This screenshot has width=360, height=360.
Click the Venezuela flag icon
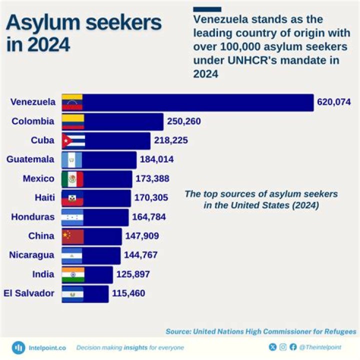72,102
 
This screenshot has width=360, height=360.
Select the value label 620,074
334,102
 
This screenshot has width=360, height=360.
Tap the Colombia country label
33,121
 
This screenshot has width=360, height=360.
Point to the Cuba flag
73,140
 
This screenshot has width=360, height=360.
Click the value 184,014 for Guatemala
157,159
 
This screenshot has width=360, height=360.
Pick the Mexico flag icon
72,178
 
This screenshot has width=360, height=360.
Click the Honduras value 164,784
148,217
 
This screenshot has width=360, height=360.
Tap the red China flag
72,236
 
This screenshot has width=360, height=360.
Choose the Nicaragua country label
31,255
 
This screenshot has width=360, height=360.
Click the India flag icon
73,274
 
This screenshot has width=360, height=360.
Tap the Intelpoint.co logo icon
19,347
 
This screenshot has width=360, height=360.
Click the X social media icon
272,347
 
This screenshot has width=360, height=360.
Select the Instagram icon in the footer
283,347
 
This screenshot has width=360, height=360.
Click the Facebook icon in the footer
293,347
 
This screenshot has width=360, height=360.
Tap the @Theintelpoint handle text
324,347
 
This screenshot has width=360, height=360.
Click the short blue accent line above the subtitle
207,9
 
